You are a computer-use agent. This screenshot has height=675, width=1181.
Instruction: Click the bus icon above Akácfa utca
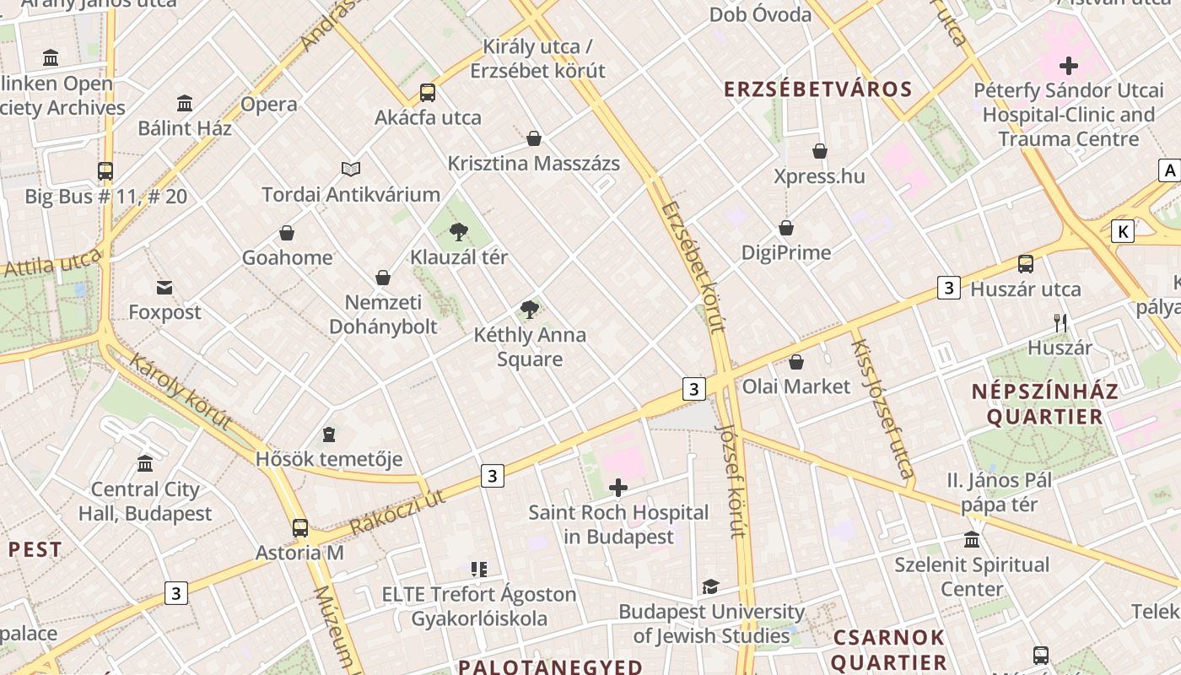428,93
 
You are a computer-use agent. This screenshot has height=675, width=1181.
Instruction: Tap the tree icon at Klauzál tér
459,232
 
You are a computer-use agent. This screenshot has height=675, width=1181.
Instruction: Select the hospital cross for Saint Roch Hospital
618,488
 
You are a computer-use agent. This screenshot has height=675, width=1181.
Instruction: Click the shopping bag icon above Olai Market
795,362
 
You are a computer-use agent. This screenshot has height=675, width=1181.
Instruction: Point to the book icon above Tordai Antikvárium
351,170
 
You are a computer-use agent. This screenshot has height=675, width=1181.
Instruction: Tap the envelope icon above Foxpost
164,288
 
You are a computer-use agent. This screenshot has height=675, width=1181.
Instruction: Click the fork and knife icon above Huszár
1060,322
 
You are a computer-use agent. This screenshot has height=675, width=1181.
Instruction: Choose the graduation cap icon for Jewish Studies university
711,586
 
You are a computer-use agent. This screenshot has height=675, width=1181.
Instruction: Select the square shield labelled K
1122,231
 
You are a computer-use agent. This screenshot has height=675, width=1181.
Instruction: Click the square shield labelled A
1169,170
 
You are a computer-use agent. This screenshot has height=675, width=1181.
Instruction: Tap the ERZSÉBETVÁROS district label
818,89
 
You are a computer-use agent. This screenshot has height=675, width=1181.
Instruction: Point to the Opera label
269,105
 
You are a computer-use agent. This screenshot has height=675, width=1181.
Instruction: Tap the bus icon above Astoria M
300,528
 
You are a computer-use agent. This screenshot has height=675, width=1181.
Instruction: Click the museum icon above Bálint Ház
185,104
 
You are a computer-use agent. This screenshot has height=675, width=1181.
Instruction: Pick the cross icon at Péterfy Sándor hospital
1069,65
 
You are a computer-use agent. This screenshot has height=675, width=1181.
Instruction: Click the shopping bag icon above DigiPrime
786,228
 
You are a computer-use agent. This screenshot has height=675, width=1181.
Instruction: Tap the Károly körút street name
180,391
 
